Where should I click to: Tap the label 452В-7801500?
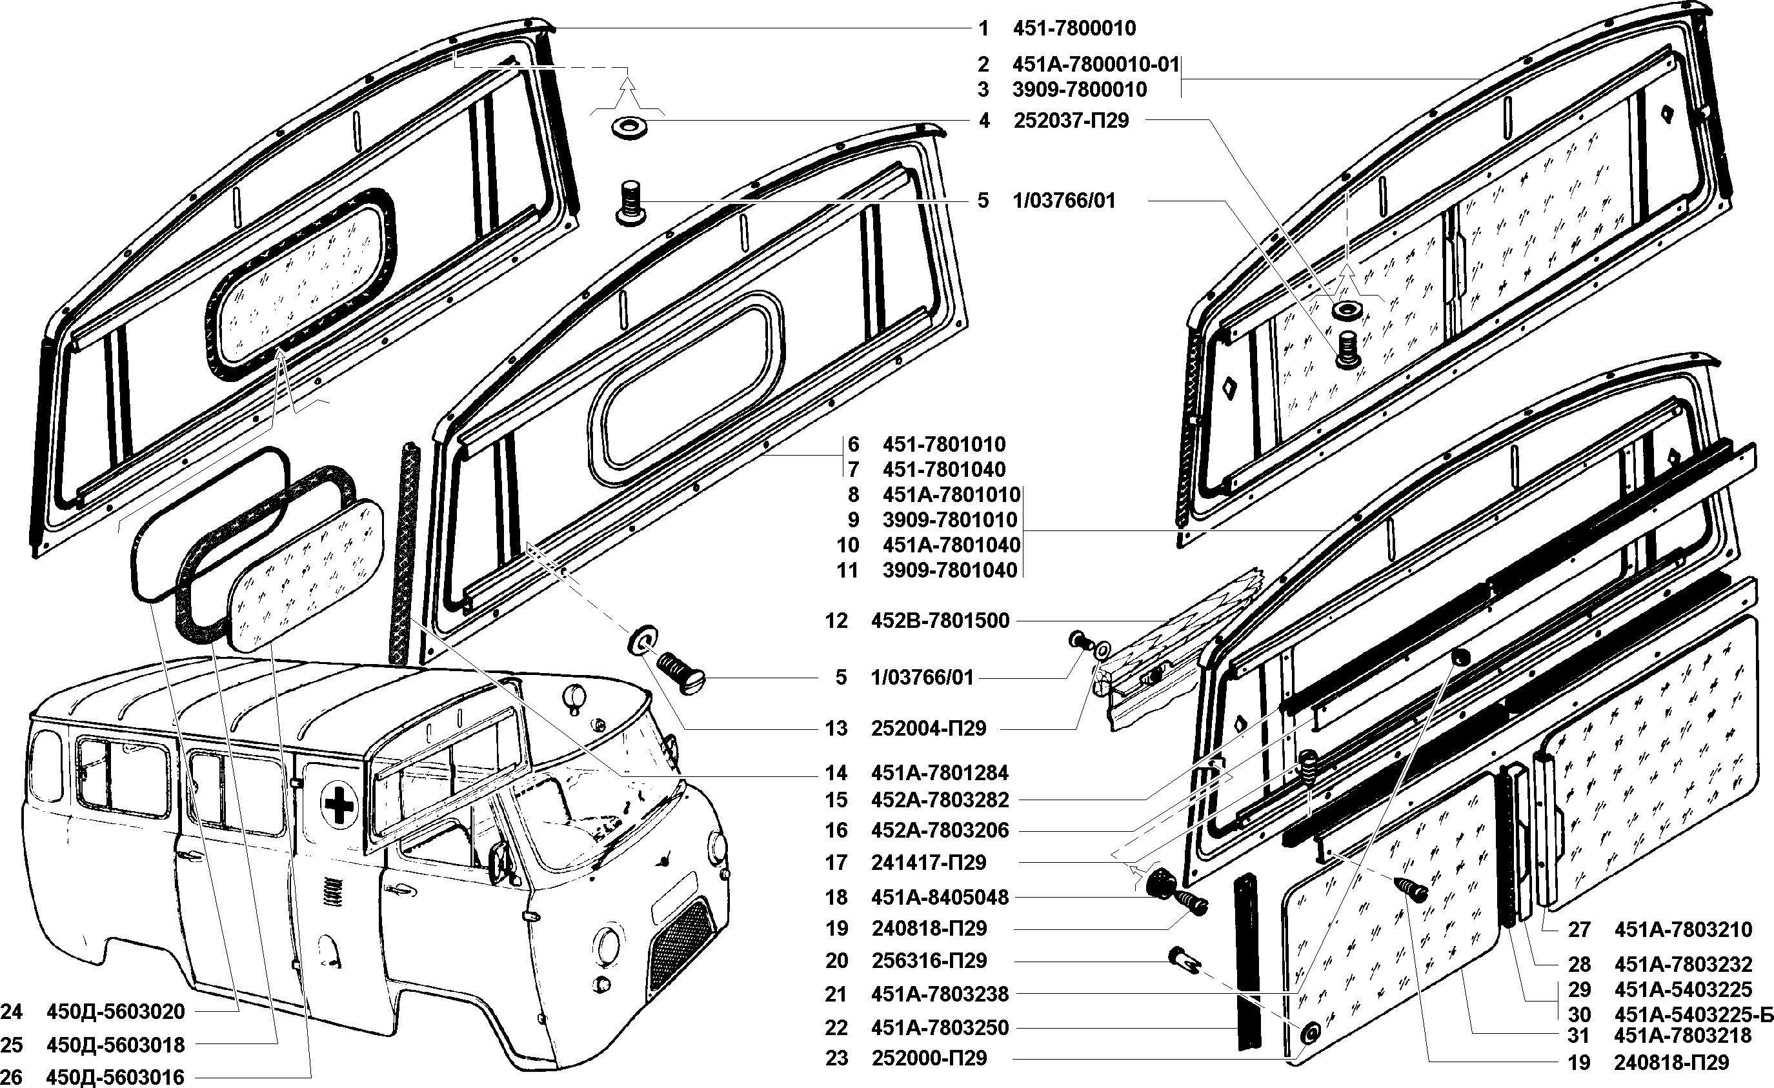click(x=940, y=621)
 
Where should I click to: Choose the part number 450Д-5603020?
click(x=116, y=1012)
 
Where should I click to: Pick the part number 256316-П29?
click(x=929, y=961)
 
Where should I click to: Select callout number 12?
click(x=836, y=621)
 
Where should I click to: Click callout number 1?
click(x=983, y=29)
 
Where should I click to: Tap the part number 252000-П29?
click(x=929, y=1058)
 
